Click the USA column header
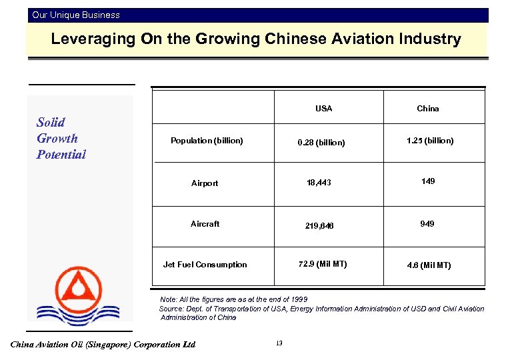coord(323,109)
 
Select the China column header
coord(428,109)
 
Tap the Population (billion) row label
coord(207,141)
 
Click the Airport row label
coord(204,183)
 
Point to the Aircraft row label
coord(205,224)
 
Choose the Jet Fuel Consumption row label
coord(205,265)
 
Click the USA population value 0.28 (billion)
coord(322,143)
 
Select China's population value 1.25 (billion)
coord(430,141)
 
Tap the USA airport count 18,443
coord(319,183)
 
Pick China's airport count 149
coord(428,181)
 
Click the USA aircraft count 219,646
coord(319,226)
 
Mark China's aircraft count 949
coord(427,224)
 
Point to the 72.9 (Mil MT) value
coord(323,264)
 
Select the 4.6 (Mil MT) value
coord(429,265)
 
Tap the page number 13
coord(279,343)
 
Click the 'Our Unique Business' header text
coord(76,15)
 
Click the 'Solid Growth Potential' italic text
coord(61,138)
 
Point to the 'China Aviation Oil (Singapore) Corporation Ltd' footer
coord(103,345)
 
